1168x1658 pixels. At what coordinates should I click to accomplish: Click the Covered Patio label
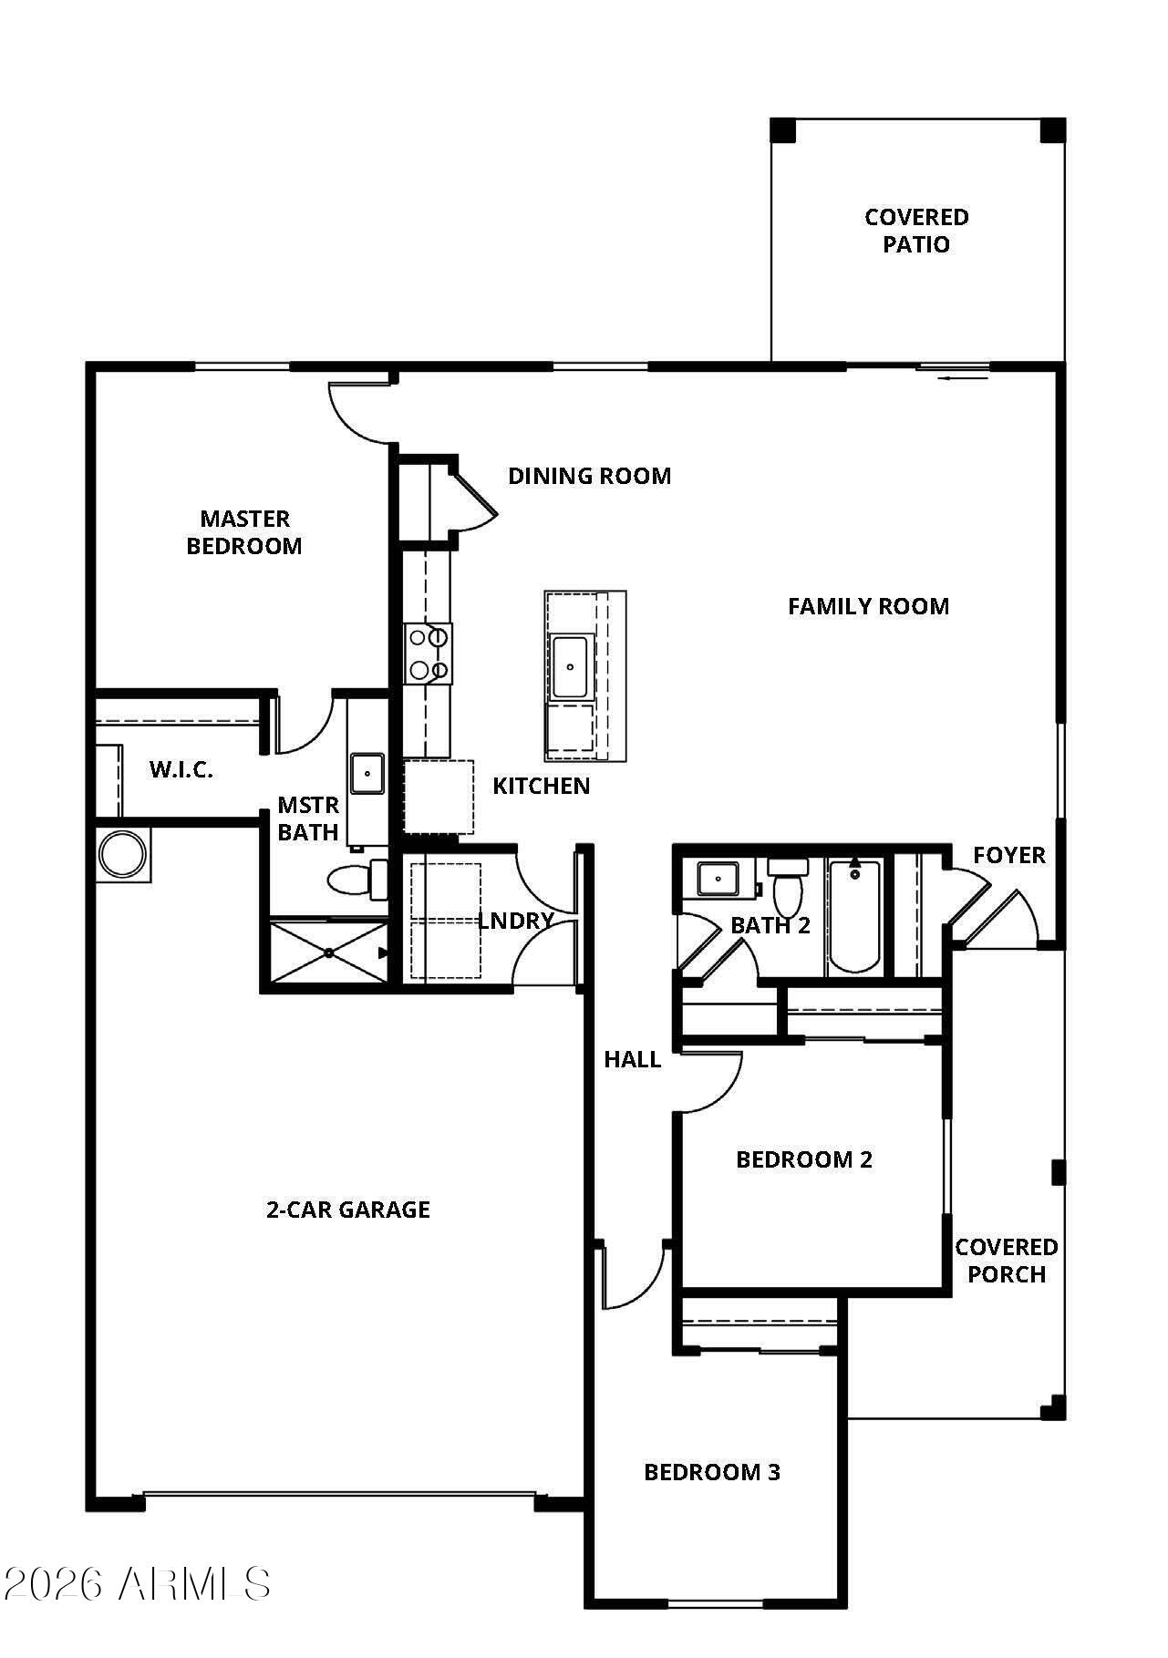pos(916,231)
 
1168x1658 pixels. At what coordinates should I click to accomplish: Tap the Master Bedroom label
pos(244,532)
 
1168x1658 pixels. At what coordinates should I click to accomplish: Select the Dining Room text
pos(589,476)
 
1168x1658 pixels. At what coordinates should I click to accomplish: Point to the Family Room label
pos(868,606)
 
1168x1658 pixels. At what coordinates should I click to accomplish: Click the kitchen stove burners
pos(429,653)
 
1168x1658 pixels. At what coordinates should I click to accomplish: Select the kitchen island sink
pos(570,667)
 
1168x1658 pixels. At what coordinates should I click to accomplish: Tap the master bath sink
pos(367,775)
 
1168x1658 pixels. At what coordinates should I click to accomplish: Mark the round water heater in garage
pos(122,855)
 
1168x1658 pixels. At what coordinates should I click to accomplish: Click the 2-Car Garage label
pos(347,1210)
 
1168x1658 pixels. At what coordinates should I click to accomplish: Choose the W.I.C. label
pos(181,769)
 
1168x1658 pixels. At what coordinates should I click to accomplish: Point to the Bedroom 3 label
pos(712,1472)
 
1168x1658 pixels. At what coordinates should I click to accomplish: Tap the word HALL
pos(632,1059)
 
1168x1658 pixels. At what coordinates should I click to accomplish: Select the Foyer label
pos(1008,855)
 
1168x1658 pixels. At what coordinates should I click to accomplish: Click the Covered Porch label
pos(1006,1261)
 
